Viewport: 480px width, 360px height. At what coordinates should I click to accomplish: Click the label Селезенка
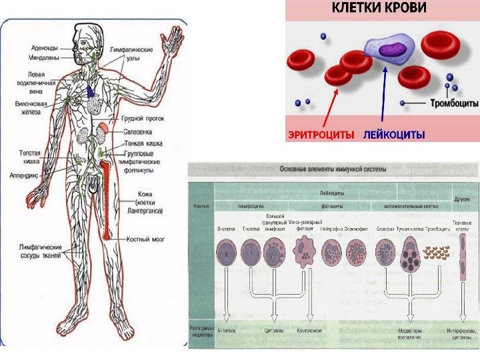click(x=136, y=133)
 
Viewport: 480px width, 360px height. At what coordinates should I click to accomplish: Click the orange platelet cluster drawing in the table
click(x=437, y=254)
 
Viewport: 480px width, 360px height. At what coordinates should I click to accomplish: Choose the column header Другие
click(x=462, y=199)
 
